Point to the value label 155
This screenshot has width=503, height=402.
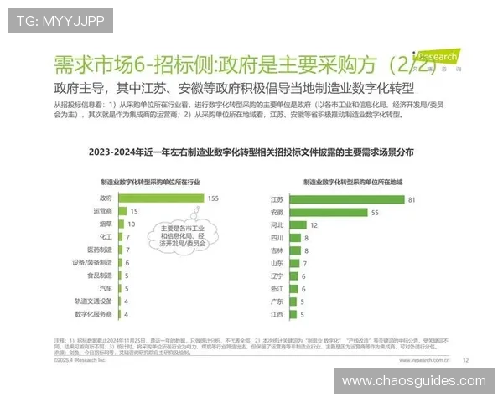213,198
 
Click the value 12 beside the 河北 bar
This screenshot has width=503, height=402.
314,225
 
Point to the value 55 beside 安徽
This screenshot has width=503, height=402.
376,213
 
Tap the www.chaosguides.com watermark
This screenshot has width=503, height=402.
413,381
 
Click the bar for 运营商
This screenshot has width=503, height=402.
118,212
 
